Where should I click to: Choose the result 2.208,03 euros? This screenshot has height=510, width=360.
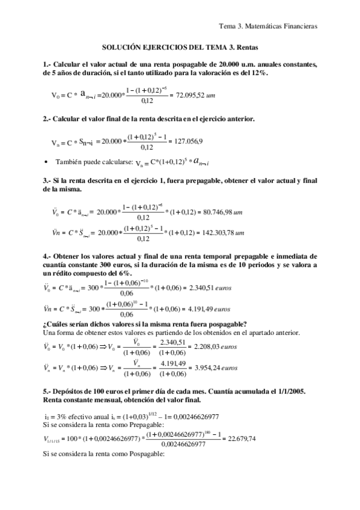210,347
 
